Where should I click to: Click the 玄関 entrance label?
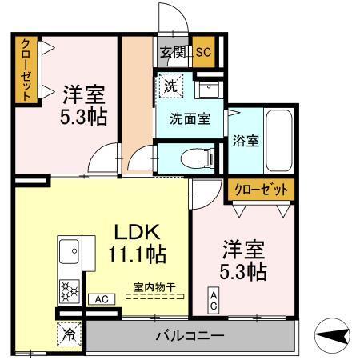click(x=172, y=52)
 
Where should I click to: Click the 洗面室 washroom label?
click(x=190, y=118)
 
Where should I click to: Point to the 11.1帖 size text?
click(x=137, y=255)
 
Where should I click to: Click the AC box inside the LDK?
click(x=101, y=299)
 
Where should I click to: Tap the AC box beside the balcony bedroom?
click(x=214, y=301)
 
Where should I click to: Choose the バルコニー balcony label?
click(x=189, y=336)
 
